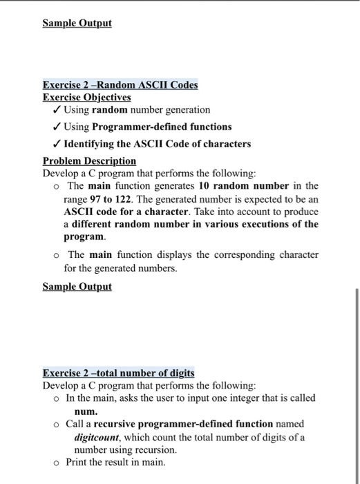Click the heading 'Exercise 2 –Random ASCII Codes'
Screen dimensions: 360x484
(x=120, y=85)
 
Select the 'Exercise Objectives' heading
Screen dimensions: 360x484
(x=87, y=97)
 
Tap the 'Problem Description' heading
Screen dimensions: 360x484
(x=89, y=160)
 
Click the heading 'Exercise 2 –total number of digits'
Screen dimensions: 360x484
(x=118, y=373)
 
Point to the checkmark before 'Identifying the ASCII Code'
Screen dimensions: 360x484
(x=57, y=144)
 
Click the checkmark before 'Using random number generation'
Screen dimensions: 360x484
(x=57, y=110)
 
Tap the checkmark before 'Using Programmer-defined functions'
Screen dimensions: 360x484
(x=57, y=127)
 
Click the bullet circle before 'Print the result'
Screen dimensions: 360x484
(x=56, y=463)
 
